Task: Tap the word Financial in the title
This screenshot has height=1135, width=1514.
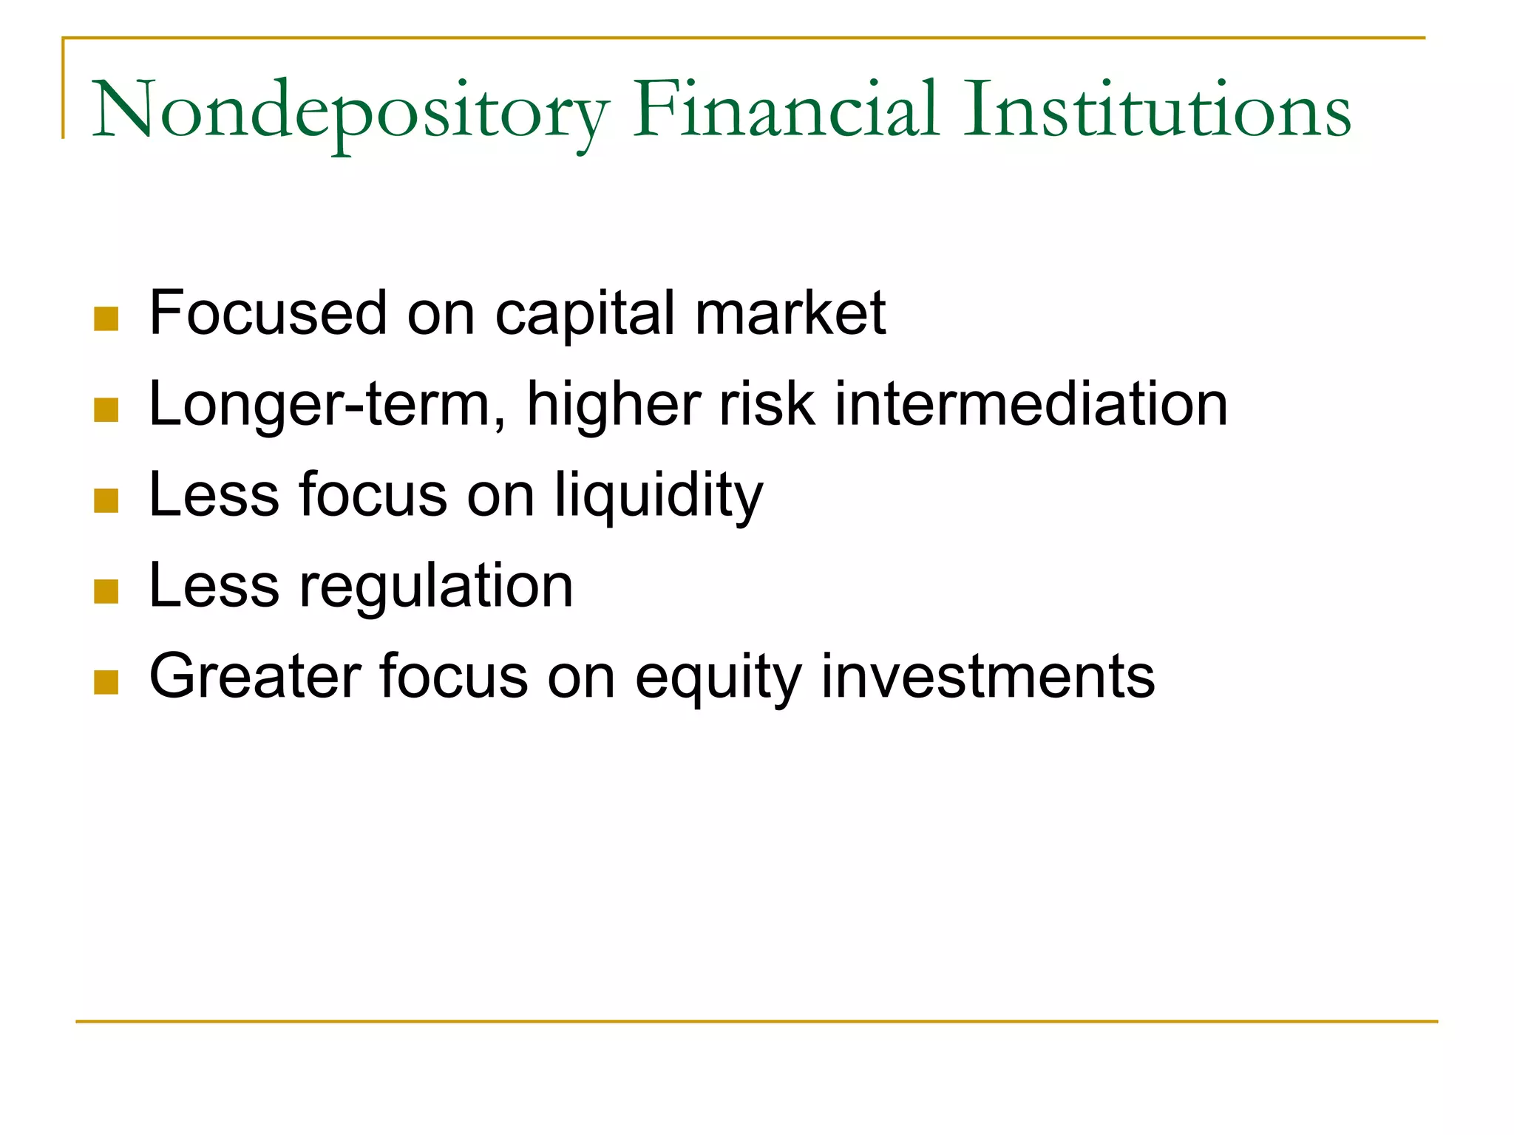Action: pyautogui.click(x=787, y=111)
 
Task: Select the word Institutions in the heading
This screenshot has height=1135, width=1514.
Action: pyautogui.click(x=1158, y=111)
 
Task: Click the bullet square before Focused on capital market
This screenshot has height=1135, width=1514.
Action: pyautogui.click(x=106, y=318)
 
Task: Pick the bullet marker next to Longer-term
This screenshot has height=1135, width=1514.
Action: pyautogui.click(x=106, y=409)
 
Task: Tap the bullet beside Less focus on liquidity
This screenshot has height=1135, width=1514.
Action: pyautogui.click(x=106, y=500)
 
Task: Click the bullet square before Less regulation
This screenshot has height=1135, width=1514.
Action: pyautogui.click(x=106, y=591)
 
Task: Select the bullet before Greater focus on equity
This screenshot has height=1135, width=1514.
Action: pyautogui.click(x=106, y=682)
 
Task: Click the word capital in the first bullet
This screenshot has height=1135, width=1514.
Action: pyautogui.click(x=585, y=315)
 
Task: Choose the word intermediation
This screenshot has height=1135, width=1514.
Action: pyautogui.click(x=1031, y=404)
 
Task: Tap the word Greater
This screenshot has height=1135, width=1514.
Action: pyautogui.click(x=255, y=676)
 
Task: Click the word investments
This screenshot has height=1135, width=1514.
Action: pyautogui.click(x=988, y=677)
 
